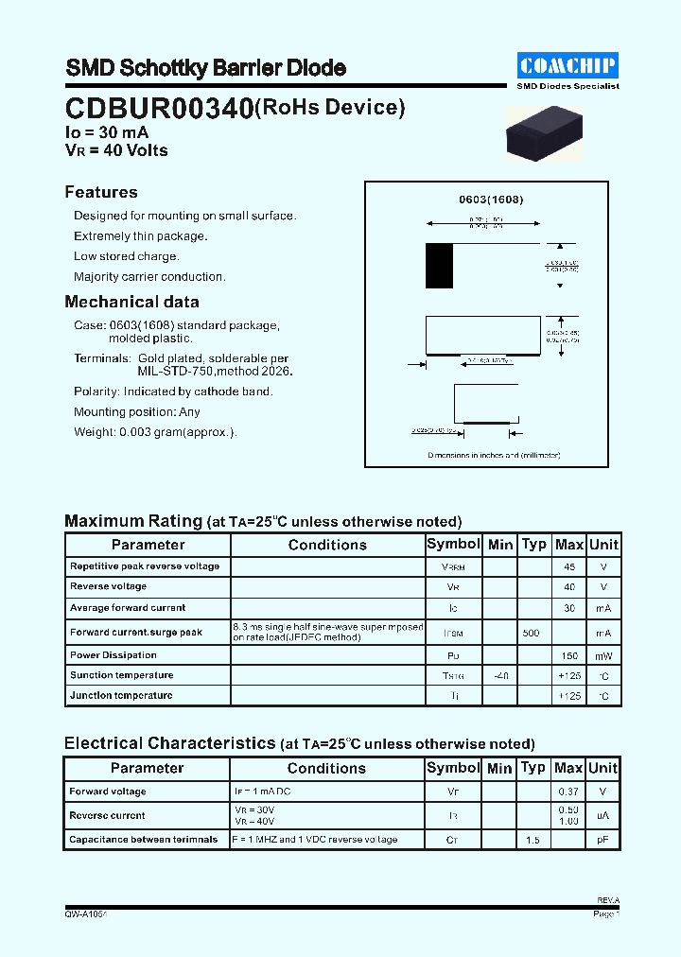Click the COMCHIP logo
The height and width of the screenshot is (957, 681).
[567, 65]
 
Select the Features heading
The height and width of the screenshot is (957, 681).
[101, 192]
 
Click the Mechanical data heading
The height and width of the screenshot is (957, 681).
[131, 303]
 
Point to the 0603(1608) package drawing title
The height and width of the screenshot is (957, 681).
[491, 200]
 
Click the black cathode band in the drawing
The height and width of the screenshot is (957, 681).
[439, 266]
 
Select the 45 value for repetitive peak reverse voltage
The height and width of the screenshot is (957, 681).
[569, 566]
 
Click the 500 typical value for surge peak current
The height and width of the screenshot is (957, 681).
[532, 633]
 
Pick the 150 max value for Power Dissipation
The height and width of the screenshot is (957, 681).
[569, 655]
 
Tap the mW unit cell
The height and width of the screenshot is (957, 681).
[603, 655]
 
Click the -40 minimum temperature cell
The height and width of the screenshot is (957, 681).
[500, 675]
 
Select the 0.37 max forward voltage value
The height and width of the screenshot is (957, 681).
[569, 792]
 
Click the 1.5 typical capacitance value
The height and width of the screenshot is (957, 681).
[533, 840]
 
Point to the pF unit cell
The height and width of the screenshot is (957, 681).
[603, 840]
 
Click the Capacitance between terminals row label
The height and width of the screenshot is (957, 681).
[144, 840]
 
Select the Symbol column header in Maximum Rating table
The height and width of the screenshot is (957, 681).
[454, 545]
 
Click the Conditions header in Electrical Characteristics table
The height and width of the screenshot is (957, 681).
[326, 769]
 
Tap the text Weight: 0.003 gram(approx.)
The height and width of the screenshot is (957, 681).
[155, 432]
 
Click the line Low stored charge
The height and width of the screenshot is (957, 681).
[127, 256]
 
